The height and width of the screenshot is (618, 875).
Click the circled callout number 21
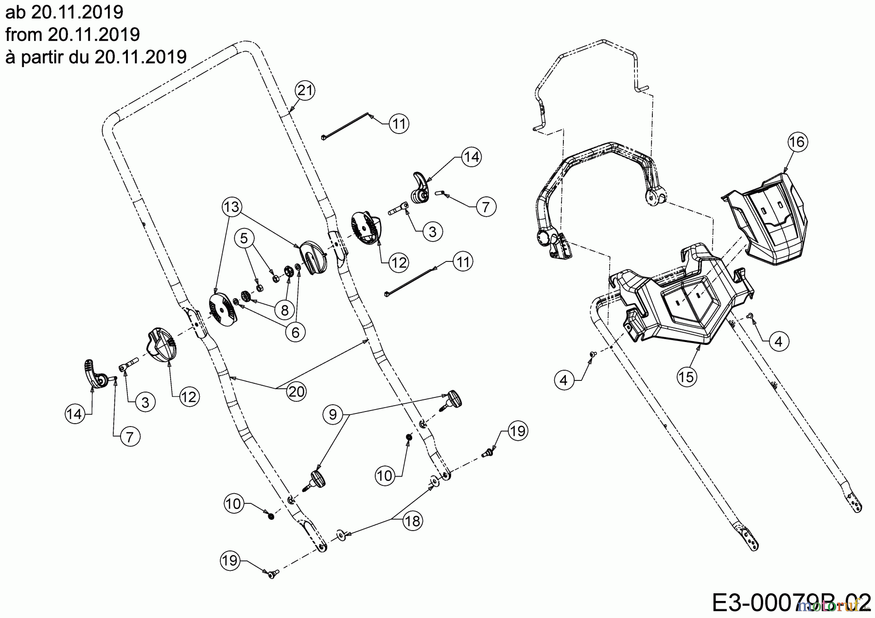[x=305, y=90]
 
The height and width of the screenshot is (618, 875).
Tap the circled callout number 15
[x=687, y=377]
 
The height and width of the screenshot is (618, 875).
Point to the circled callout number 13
[x=232, y=207]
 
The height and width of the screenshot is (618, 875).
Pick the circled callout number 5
[x=245, y=238]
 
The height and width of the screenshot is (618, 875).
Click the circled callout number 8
[x=285, y=309]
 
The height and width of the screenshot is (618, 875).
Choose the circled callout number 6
[x=296, y=331]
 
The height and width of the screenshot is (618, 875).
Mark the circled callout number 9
[x=333, y=414]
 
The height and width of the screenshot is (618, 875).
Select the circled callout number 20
[x=296, y=392]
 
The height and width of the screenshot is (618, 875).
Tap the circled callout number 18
[x=412, y=521]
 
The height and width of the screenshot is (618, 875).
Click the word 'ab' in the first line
[x=16, y=12]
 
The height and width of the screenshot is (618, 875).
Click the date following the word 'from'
[x=94, y=34]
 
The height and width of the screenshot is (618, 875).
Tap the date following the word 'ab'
[x=77, y=12]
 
